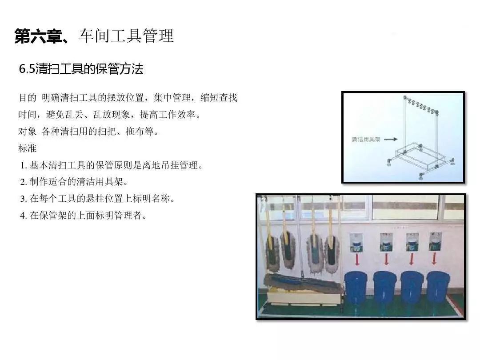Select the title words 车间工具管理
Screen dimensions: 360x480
pos(126,36)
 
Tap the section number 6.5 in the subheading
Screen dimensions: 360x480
pos(27,69)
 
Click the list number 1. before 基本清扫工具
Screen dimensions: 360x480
pos(24,166)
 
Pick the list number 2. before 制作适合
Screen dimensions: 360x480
pos(24,182)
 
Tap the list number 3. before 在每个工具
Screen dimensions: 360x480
pos(24,199)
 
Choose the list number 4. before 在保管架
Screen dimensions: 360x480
pos(24,216)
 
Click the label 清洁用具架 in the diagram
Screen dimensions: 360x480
pos(366,140)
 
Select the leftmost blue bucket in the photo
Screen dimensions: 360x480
pos(356,287)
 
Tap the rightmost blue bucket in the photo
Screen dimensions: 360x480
pos(438,287)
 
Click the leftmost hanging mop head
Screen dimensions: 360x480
pos(272,253)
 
